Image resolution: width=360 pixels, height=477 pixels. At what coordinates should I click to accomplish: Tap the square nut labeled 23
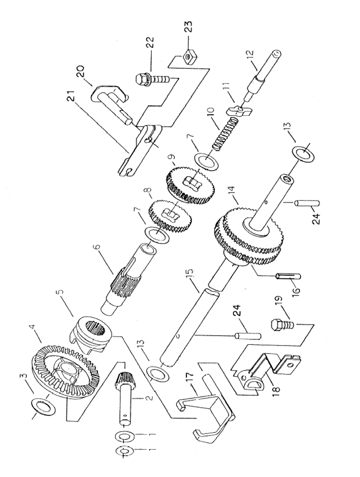tap(189, 57)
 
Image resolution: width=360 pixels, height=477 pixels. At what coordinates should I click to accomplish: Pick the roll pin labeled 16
tap(288, 276)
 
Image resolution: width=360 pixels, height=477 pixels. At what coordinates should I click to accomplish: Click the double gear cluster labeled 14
tap(249, 236)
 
